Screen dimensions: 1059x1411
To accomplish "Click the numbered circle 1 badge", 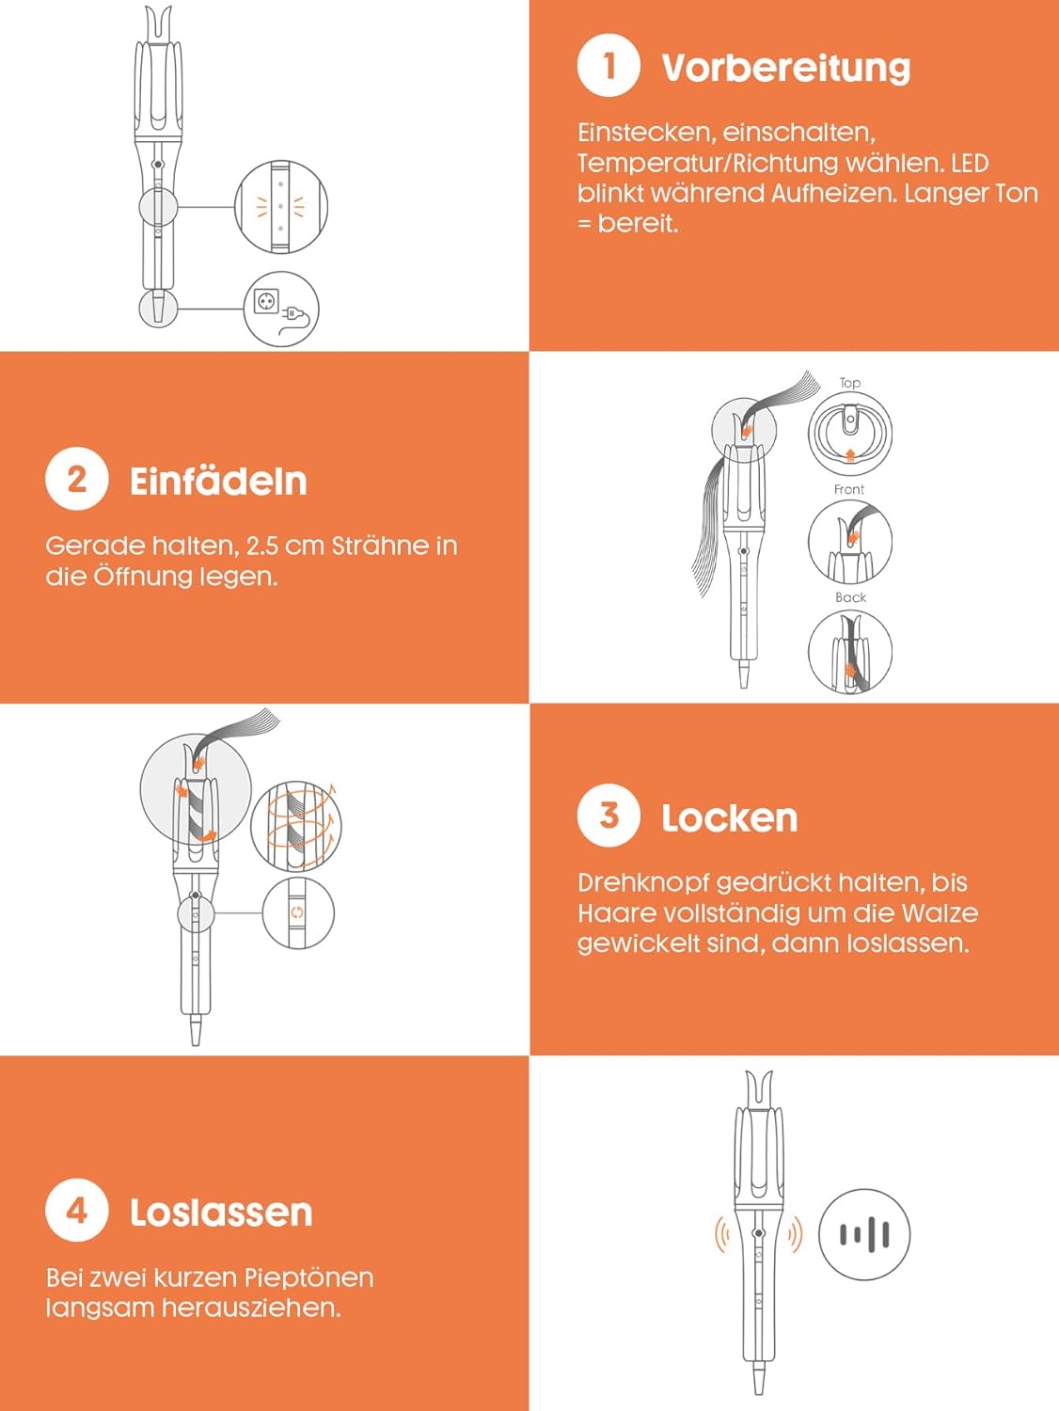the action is (608, 66).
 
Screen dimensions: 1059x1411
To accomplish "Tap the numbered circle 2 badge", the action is (76, 479).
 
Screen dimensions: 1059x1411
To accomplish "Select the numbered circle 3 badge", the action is (608, 816).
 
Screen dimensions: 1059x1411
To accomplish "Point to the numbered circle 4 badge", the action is (76, 1210).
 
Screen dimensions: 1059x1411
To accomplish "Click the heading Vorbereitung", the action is (786, 68).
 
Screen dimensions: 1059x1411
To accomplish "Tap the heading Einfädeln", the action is (218, 481).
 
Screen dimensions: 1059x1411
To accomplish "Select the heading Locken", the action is (729, 817).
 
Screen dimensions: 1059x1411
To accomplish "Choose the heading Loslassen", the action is (221, 1213).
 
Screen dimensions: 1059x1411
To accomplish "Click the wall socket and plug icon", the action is (281, 309).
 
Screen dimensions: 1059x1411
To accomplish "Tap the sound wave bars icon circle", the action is (864, 1234).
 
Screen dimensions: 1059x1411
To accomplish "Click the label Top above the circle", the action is (849, 383).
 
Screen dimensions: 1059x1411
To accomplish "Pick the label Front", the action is (849, 490).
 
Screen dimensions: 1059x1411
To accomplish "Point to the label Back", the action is (851, 598).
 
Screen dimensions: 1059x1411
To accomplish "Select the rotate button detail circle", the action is (298, 912).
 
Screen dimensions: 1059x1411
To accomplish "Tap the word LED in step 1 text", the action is (970, 164).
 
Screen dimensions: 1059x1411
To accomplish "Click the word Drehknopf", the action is (643, 883).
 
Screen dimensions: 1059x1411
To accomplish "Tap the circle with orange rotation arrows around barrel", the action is (295, 826).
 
